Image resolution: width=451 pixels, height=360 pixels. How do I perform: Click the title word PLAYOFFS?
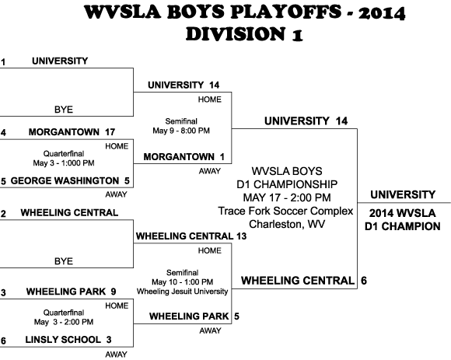(286, 12)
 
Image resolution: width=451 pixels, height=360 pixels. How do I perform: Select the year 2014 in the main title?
(382, 13)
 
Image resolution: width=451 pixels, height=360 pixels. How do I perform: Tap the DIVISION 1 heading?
(244, 34)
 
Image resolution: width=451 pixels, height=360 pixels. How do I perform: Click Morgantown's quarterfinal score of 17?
(110, 132)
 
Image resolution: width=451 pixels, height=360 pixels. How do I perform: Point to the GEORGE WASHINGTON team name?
(65, 180)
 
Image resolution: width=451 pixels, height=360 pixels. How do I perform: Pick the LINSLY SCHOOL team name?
(63, 340)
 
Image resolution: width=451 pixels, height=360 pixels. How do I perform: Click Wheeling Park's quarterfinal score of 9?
(114, 292)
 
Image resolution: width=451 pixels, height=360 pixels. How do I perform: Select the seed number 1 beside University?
(3, 62)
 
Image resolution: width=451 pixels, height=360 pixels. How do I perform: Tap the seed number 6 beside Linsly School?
(3, 341)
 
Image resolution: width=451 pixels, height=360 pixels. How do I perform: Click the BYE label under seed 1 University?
(64, 110)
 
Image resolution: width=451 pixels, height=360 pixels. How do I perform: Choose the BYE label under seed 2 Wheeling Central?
(64, 261)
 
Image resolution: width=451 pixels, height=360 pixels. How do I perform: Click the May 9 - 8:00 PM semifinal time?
(181, 131)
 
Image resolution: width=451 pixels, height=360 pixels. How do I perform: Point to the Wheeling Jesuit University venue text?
(183, 292)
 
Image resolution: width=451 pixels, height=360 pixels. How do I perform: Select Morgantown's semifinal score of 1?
(222, 157)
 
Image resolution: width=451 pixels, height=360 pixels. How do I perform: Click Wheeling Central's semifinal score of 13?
(242, 236)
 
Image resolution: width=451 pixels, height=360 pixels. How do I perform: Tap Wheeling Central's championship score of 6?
(364, 281)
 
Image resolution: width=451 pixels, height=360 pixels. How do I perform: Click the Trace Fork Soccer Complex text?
(285, 211)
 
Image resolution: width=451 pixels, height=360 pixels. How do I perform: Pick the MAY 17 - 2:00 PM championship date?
(287, 197)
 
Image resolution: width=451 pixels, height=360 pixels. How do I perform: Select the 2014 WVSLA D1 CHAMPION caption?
(402, 220)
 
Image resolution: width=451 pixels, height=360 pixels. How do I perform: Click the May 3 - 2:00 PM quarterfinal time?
(64, 322)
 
